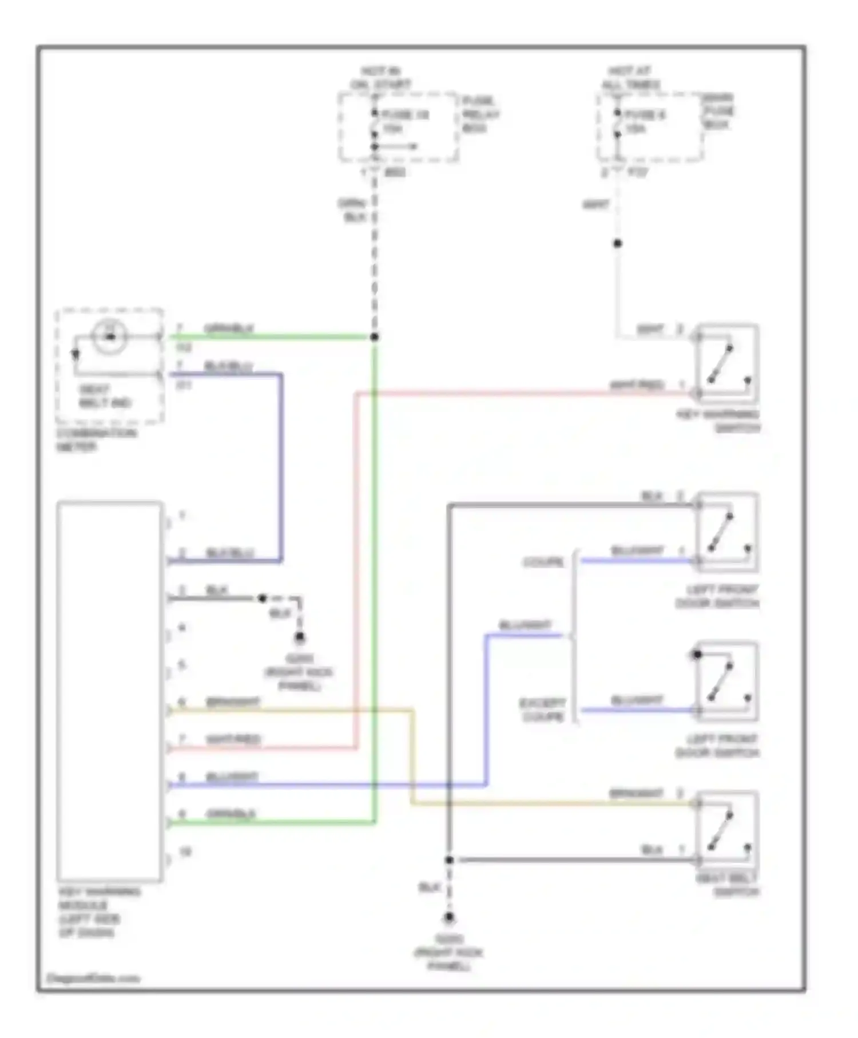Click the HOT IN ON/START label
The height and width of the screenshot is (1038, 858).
[x=380, y=78]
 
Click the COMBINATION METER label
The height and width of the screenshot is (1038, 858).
[x=96, y=439]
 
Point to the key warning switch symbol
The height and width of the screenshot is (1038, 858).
[x=726, y=364]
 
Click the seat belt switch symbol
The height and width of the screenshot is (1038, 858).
[x=726, y=829]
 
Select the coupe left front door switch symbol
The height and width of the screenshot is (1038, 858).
[x=726, y=532]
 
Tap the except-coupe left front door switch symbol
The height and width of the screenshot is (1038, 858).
[x=726, y=681]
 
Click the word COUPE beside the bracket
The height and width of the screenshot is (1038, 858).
[x=543, y=562]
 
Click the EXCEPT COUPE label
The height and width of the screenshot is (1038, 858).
[x=542, y=710]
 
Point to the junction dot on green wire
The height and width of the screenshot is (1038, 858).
[x=375, y=337]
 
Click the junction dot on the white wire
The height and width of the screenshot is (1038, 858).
[x=617, y=244]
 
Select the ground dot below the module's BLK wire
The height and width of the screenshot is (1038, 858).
[x=299, y=637]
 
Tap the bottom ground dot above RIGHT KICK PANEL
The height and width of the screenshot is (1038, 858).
[x=449, y=917]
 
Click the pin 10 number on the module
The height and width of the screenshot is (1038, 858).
[x=185, y=852]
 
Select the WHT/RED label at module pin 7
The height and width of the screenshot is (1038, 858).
[x=233, y=739]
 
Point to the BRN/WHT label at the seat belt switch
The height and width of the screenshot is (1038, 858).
[x=635, y=794]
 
